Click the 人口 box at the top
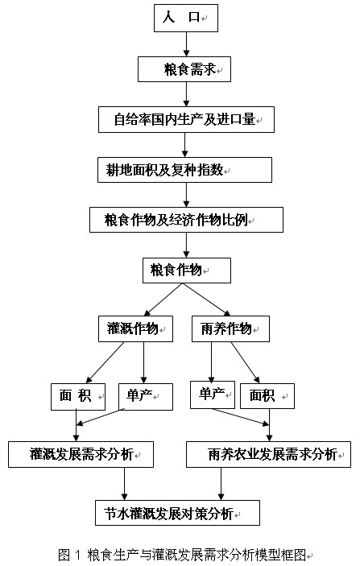pos(186,18)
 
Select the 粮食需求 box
pos(184,69)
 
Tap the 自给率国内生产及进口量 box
pos(186,119)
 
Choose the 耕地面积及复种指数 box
pos(184,170)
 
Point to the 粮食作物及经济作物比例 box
pos(186,220)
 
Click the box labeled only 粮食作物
pos(187,271)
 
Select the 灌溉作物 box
pos(135,328)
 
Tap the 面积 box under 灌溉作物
pos(78,397)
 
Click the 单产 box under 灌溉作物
pos(146,397)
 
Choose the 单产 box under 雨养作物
pos(213,395)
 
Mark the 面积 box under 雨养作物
pos(267,396)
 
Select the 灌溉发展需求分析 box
pos(81,454)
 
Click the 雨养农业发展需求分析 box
pos(268,454)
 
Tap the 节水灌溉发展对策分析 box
pos(177,513)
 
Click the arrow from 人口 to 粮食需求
pos(186,44)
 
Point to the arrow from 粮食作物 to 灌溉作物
pos(163,300)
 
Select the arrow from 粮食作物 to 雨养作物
pos(206,300)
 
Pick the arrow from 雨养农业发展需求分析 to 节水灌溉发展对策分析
pos(221,484)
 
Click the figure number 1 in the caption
pos(77,555)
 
